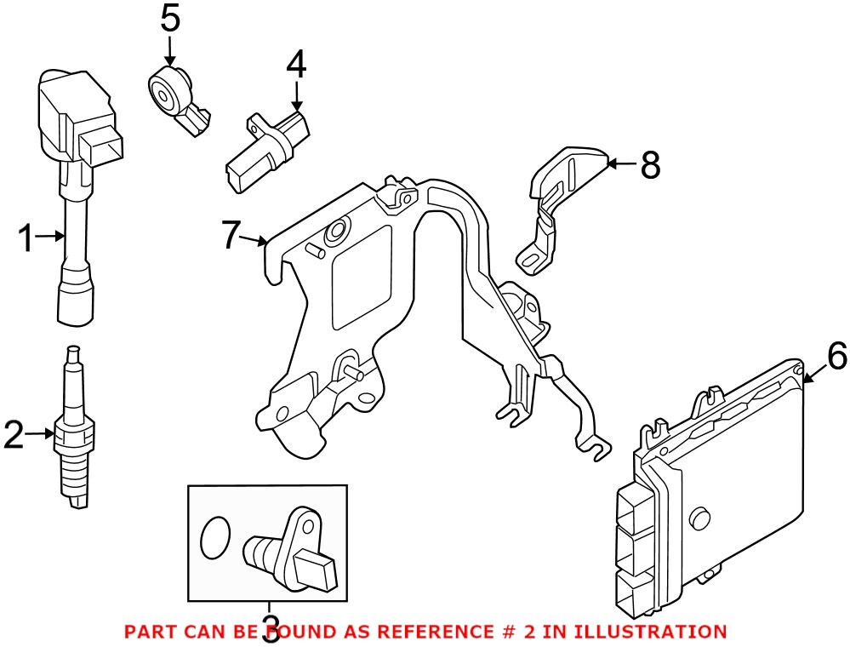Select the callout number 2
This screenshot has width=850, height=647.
14,435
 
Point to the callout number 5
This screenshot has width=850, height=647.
170,19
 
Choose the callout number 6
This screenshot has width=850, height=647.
836,356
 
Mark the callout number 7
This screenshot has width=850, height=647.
232,235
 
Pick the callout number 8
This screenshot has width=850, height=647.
649,165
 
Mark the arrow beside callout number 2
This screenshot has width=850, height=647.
41,435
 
